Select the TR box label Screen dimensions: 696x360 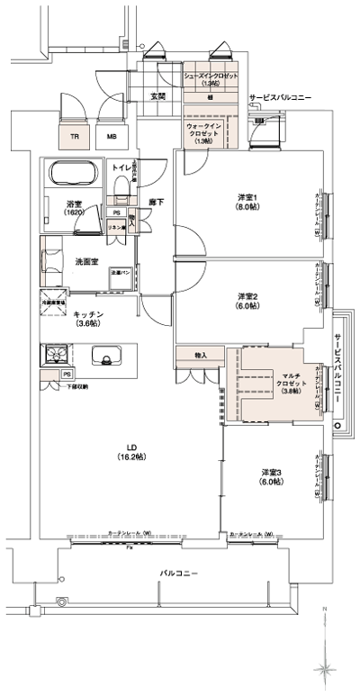click(x=74, y=137)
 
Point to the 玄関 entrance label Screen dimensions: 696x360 click(x=157, y=95)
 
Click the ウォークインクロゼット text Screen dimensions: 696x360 click(x=203, y=133)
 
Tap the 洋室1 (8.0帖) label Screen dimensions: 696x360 click(x=248, y=201)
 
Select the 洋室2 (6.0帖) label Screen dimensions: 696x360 click(x=248, y=301)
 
